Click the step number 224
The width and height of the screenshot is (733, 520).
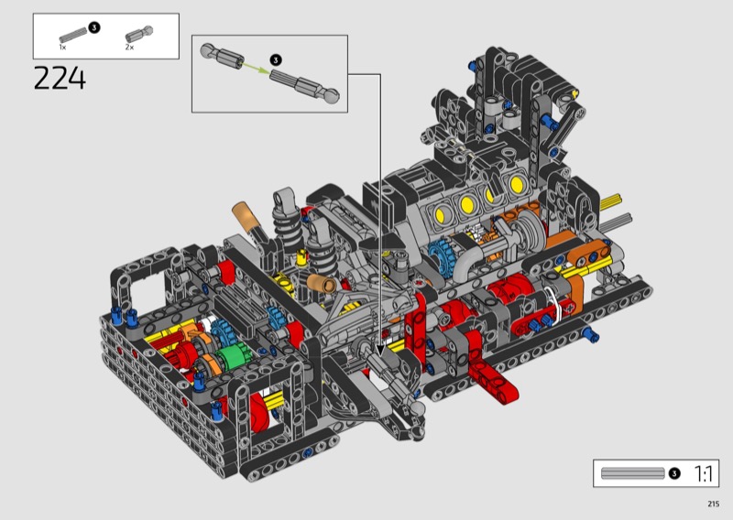60,78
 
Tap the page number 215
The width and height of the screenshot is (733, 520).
713,504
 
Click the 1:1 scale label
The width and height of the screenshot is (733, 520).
703,473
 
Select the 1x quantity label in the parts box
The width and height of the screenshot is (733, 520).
62,48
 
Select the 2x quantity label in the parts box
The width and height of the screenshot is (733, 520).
129,48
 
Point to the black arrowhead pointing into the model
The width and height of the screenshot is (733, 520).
380,351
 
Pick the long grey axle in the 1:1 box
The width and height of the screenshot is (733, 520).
632,473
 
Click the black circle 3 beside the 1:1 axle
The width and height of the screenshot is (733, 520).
674,473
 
